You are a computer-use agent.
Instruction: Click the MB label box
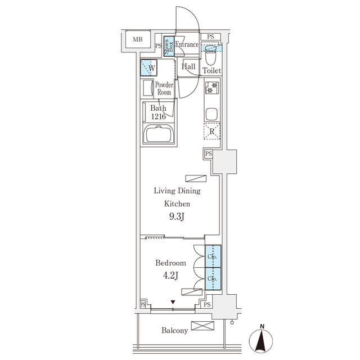click(138, 39)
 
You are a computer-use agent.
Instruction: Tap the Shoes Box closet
click(169, 47)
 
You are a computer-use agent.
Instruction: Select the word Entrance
click(187, 45)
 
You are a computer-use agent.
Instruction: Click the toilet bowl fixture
click(211, 57)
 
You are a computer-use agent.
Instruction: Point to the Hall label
click(188, 67)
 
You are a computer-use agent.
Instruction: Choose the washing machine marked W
click(148, 68)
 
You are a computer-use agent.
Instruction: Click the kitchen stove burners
click(212, 88)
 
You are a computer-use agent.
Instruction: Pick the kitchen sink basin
click(211, 113)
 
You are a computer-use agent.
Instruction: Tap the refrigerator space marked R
click(212, 132)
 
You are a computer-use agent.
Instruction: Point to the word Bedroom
click(170, 263)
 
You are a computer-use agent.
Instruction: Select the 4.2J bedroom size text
click(170, 276)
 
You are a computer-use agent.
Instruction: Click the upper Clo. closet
click(213, 256)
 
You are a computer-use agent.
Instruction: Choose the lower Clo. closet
click(213, 278)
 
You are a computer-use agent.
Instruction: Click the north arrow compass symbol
click(262, 339)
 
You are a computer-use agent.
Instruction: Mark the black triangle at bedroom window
click(173, 303)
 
